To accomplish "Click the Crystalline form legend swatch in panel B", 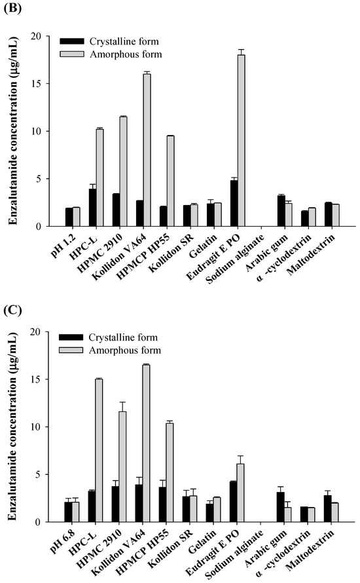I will (68, 43).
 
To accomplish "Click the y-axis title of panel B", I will (13, 131).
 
